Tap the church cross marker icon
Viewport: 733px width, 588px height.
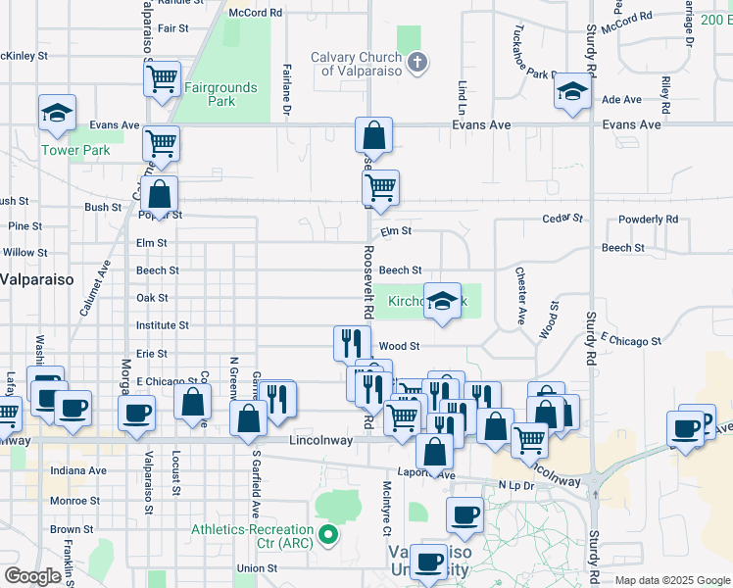click(x=418, y=64)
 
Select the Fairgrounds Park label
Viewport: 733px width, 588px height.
click(x=220, y=94)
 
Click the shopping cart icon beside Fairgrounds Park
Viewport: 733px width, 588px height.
click(x=163, y=77)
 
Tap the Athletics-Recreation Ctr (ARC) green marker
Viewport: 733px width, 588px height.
click(x=328, y=535)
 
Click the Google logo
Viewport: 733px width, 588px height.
click(x=32, y=576)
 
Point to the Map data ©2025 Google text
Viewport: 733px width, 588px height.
click(x=671, y=580)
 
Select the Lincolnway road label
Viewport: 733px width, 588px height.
click(x=321, y=441)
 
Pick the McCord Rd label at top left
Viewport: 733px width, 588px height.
click(x=255, y=13)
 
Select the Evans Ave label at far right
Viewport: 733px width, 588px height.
click(x=632, y=124)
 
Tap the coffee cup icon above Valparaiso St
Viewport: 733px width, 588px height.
click(x=136, y=412)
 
